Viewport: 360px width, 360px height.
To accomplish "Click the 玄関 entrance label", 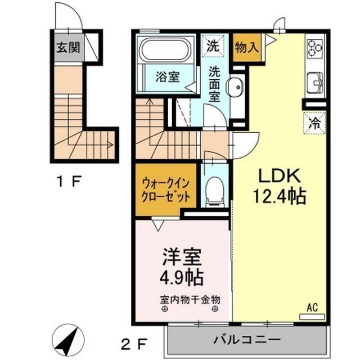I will coord(67,47).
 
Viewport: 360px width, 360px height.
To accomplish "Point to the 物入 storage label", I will coord(246,48).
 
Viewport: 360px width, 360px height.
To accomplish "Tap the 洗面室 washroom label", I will coord(215,84).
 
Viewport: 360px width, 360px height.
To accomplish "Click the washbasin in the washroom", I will coord(235,87).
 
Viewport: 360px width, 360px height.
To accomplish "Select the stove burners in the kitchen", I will coord(315,48).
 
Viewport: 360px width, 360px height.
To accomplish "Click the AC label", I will coord(313,307).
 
